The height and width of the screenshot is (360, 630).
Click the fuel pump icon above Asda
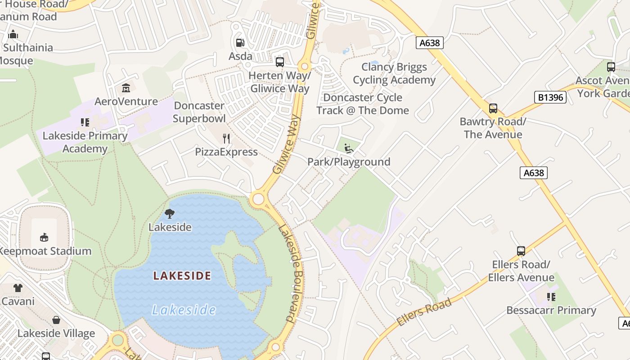(x=240, y=43)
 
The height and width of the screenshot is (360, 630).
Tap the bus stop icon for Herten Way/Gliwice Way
(x=280, y=62)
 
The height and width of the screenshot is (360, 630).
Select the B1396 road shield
(x=550, y=97)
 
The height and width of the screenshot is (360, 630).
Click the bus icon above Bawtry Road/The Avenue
(x=493, y=108)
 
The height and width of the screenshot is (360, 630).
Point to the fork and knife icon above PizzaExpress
(x=226, y=138)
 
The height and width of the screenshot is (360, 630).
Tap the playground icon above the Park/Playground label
(x=348, y=148)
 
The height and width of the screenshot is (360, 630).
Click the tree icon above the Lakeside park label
(x=170, y=214)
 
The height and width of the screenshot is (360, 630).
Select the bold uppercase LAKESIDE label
(x=182, y=275)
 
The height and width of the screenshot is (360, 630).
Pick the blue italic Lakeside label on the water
(x=184, y=310)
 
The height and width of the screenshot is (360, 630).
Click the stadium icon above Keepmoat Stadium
(x=44, y=237)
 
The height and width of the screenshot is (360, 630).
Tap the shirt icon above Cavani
(x=18, y=288)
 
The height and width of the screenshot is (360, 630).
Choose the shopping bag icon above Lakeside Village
(x=56, y=320)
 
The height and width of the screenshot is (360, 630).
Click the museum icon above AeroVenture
(x=126, y=88)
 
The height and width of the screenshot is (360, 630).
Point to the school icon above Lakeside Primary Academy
(x=85, y=122)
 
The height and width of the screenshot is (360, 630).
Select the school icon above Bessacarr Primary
(x=551, y=297)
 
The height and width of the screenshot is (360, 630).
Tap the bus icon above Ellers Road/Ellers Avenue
(x=521, y=251)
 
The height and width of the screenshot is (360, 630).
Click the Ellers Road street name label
(x=424, y=312)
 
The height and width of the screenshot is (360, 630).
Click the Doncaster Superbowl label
(x=199, y=112)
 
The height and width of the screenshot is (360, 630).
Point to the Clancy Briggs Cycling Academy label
(x=394, y=74)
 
